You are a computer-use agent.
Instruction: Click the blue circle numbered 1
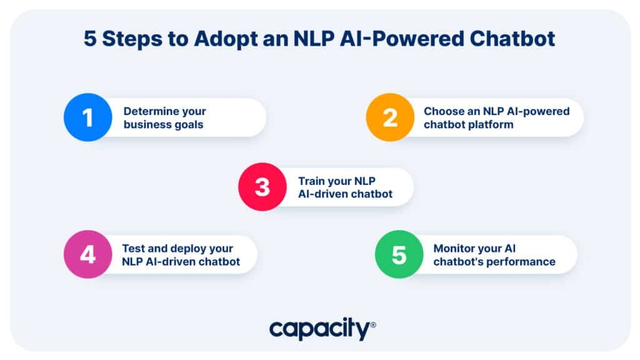pyautogui.click(x=87, y=117)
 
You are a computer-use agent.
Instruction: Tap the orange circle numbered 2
pyautogui.click(x=390, y=117)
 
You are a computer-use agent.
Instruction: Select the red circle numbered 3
pyautogui.click(x=262, y=187)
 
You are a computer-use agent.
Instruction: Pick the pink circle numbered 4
pyautogui.click(x=87, y=254)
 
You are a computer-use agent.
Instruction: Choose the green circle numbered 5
pyautogui.click(x=399, y=254)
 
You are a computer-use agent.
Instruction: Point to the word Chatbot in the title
pyautogui.click(x=512, y=39)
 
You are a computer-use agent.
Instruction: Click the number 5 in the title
pyautogui.click(x=90, y=39)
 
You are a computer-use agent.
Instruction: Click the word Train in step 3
pyautogui.click(x=310, y=181)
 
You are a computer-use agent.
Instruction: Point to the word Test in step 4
pyautogui.click(x=133, y=248)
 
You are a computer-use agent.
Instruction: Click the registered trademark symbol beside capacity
pyautogui.click(x=373, y=325)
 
